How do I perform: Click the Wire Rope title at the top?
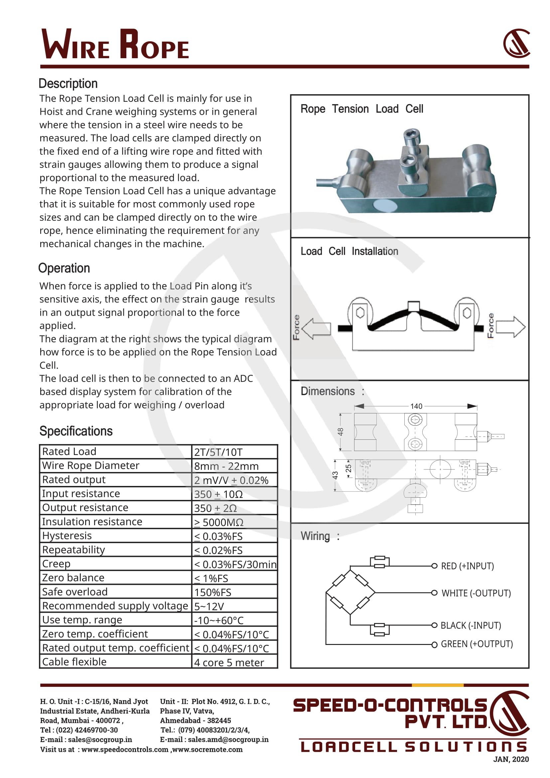115,45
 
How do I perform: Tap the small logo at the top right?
516,43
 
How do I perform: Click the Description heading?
68,84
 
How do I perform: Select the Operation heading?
64,268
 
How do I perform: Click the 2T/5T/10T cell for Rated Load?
218,452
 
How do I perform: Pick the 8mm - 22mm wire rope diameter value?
226,466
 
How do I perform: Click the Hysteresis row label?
67,536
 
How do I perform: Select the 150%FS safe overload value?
213,592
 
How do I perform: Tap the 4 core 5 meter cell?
229,663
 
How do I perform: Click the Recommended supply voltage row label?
115,606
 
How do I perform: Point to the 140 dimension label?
416,406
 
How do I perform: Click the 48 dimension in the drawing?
341,432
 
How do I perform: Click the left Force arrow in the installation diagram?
316,328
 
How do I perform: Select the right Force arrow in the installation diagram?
511,327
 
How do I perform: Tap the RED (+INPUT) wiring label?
467,566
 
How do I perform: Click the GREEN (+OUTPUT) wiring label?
477,644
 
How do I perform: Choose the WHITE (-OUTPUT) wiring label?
476,593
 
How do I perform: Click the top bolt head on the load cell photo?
412,135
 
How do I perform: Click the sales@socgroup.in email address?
100,739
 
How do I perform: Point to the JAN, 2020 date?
511,759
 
